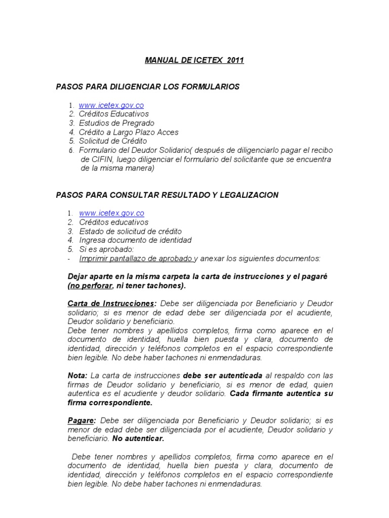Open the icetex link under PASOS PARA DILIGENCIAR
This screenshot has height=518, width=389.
tap(111, 105)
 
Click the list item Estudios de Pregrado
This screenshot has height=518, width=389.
tap(116, 123)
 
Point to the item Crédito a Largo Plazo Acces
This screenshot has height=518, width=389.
tap(129, 132)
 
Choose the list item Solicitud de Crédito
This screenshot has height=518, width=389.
tap(113, 141)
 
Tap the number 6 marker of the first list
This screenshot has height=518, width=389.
tap(71, 151)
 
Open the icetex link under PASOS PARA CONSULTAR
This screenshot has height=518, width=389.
tap(111, 213)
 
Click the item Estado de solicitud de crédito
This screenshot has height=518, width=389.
tap(130, 231)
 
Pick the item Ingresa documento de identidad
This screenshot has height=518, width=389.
tap(135, 240)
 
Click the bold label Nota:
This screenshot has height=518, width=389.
tap(77, 375)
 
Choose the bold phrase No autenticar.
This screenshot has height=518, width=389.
tap(138, 439)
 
